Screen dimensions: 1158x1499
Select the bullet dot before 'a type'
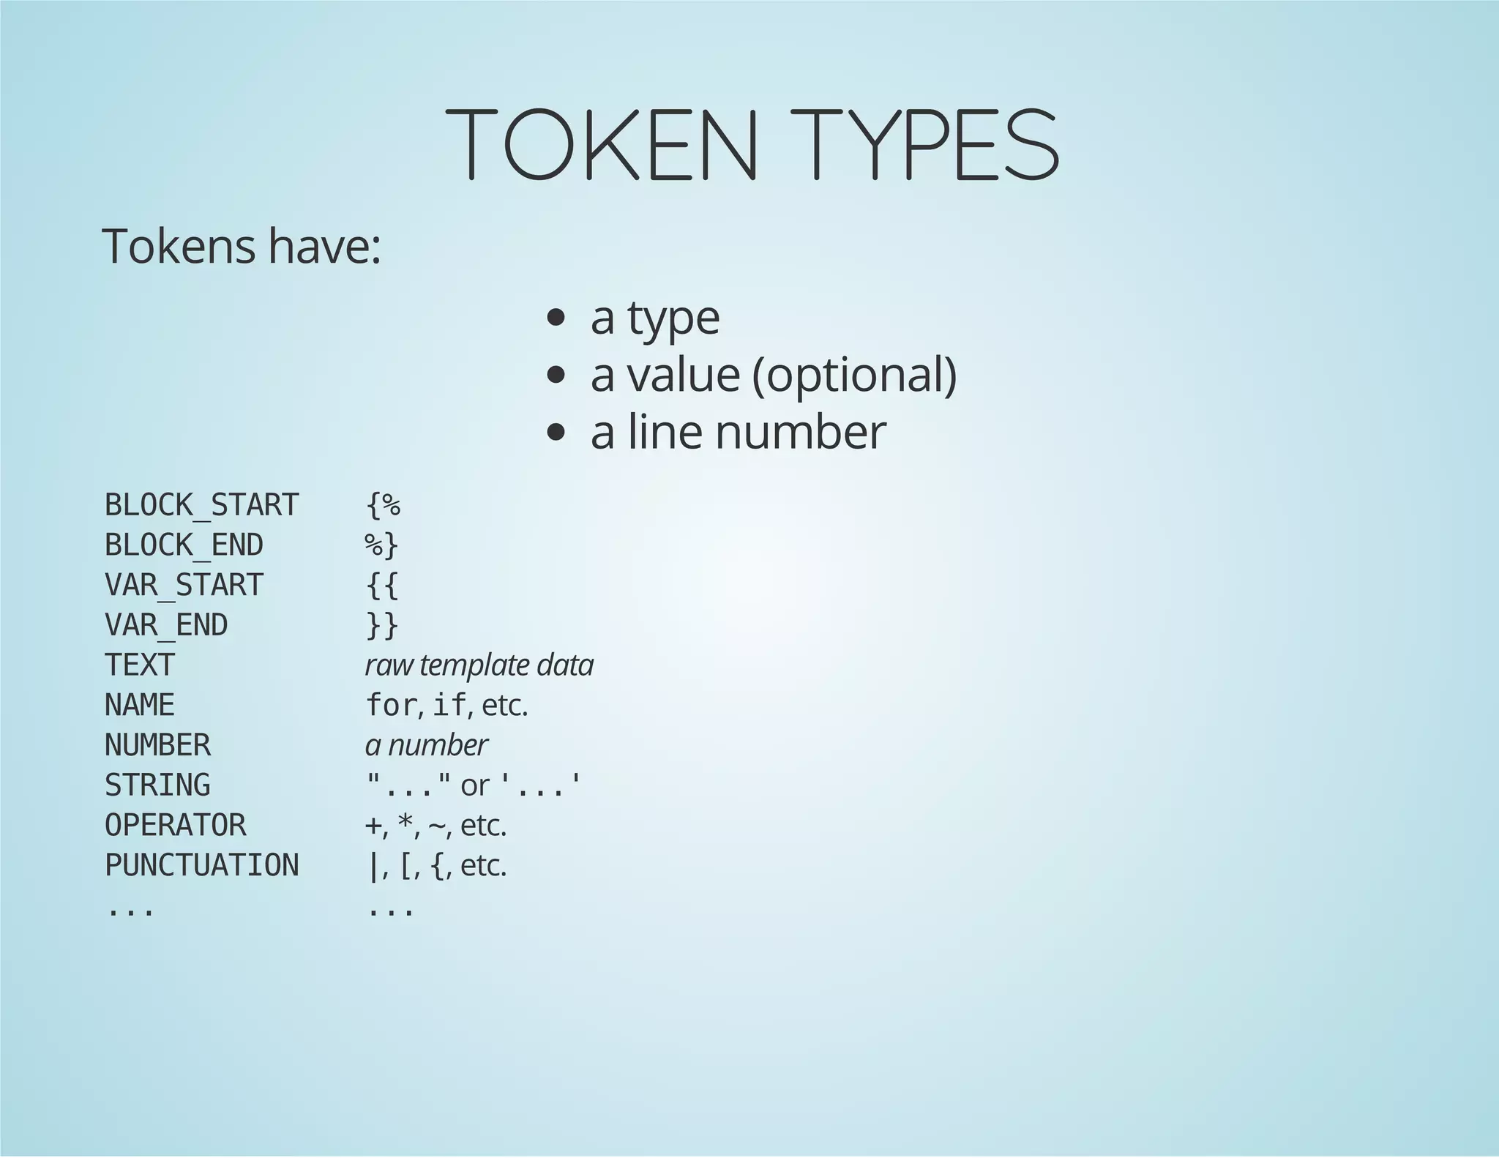(x=556, y=318)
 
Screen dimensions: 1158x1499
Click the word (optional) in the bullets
(x=854, y=375)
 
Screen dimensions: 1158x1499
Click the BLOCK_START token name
(x=202, y=505)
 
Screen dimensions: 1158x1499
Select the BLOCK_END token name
(x=184, y=545)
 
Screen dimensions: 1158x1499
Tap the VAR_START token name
(x=184, y=585)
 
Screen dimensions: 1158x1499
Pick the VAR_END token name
(x=166, y=625)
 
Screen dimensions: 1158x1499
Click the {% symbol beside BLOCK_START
(x=383, y=505)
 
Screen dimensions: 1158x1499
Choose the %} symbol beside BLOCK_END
(x=381, y=545)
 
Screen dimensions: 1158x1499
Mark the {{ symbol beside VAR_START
(x=381, y=585)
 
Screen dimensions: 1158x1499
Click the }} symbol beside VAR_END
(x=381, y=625)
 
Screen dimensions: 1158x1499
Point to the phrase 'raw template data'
(x=479, y=665)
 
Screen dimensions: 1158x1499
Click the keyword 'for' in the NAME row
(x=391, y=706)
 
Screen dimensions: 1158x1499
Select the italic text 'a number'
(x=426, y=745)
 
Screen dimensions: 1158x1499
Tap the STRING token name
(x=157, y=785)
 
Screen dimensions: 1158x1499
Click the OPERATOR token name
(x=176, y=826)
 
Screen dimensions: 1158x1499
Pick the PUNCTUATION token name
(x=202, y=865)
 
